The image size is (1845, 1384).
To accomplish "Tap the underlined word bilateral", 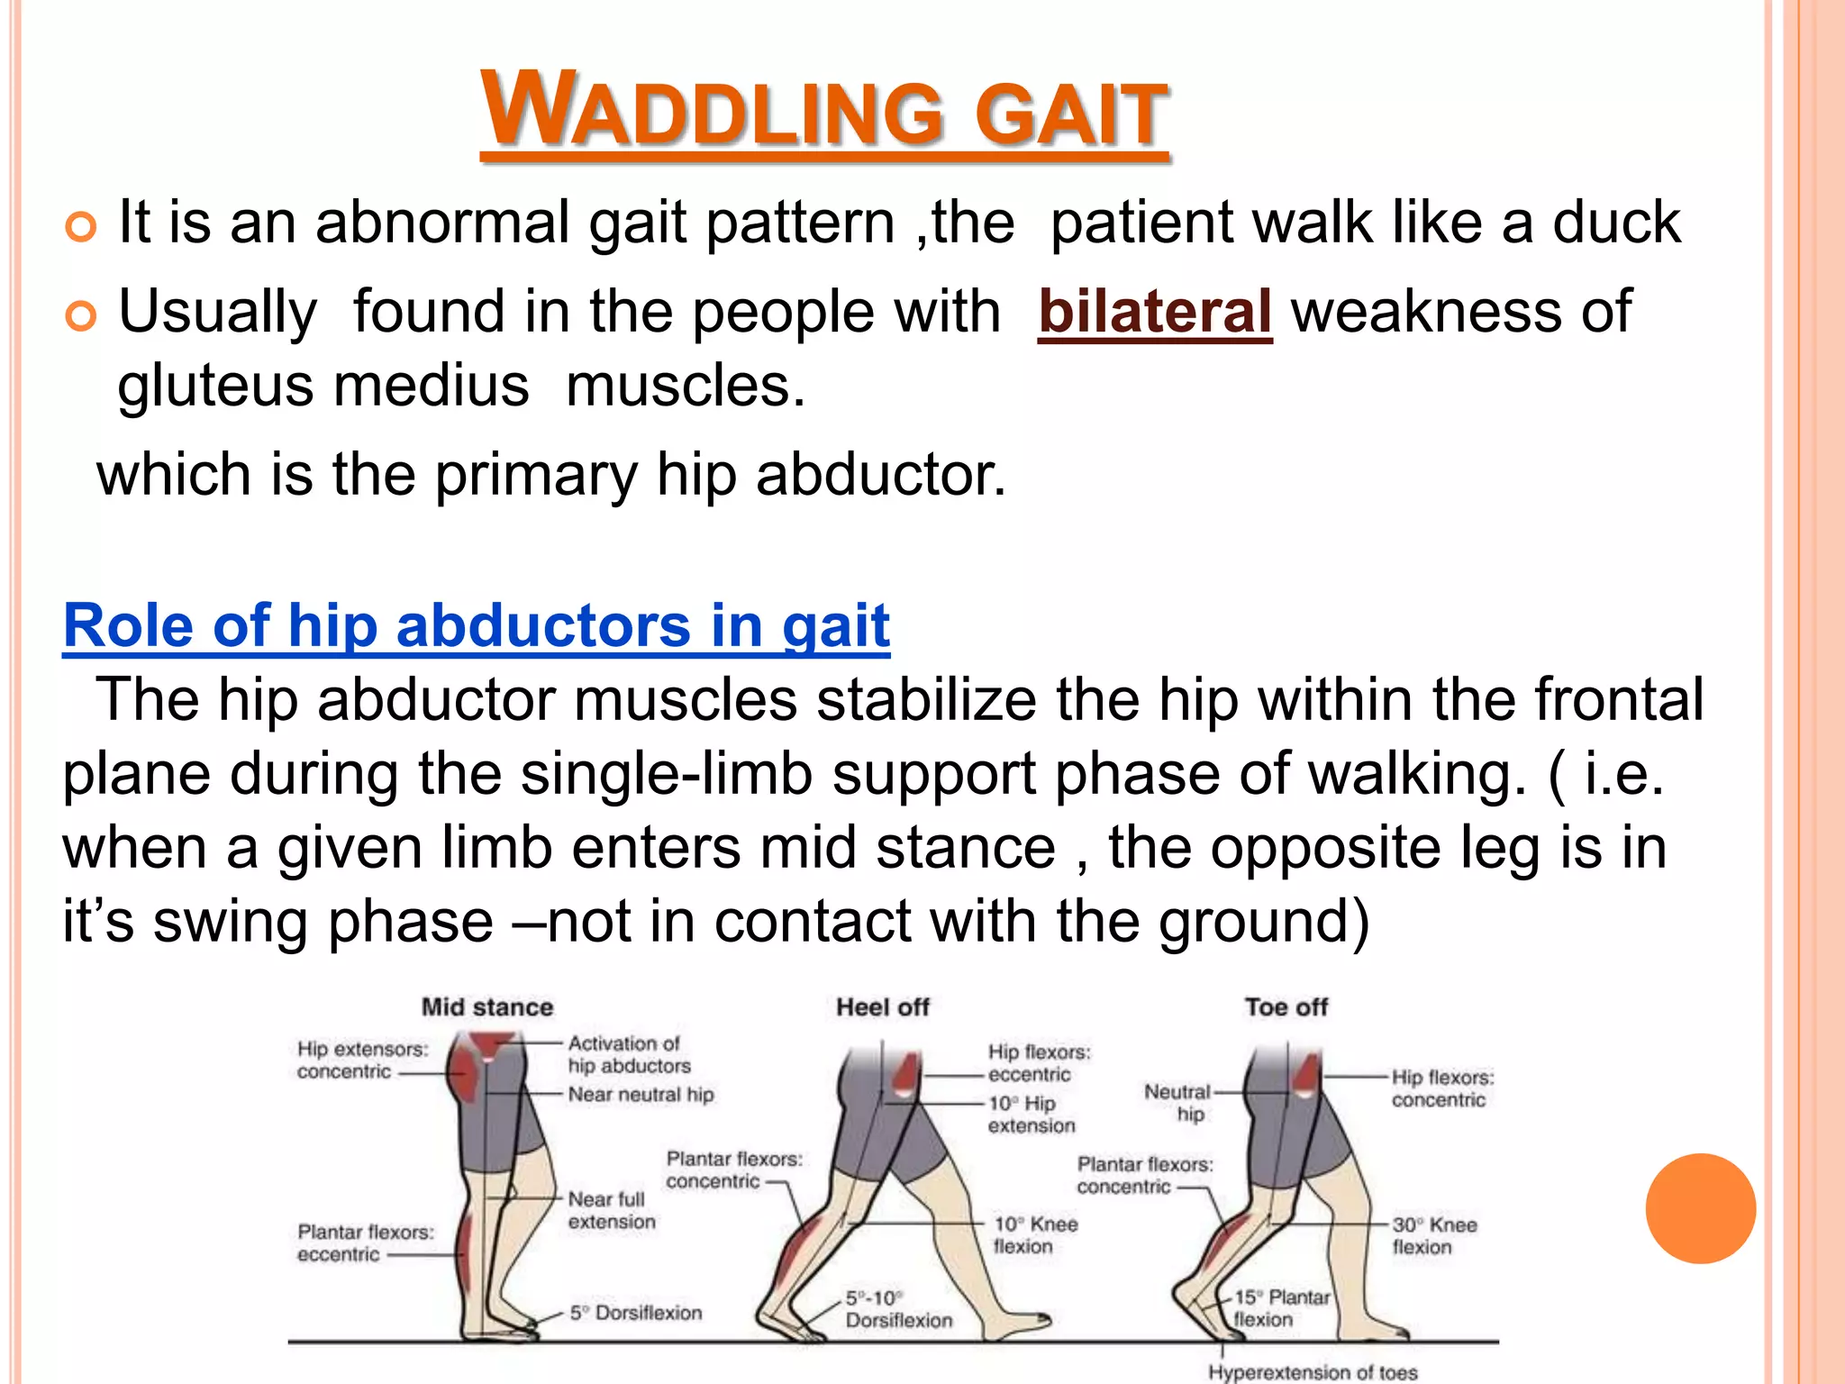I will (x=1154, y=312).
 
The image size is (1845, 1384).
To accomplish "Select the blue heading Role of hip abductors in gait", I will (x=477, y=625).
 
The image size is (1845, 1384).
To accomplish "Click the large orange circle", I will (x=1700, y=1208).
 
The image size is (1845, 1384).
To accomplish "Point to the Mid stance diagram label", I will (x=487, y=1006).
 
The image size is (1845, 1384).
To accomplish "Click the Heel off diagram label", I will (x=882, y=1006).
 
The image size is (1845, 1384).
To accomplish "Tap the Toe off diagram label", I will (x=1286, y=1006).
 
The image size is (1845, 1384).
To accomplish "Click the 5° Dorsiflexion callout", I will (x=635, y=1313).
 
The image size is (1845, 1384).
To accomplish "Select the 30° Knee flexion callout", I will (x=1433, y=1235).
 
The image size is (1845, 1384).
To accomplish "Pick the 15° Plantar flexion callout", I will (x=1280, y=1308).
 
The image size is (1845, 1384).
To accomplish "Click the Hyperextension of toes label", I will (x=1313, y=1372).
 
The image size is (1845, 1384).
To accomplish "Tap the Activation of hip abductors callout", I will (x=628, y=1054).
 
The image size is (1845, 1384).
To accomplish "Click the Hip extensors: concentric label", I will (x=361, y=1060).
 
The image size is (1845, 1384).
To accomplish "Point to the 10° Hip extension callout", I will (x=1031, y=1114).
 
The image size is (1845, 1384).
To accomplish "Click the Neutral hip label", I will (x=1177, y=1102).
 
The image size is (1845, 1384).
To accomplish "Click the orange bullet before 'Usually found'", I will (x=81, y=316).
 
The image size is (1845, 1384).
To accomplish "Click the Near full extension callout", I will (x=611, y=1210).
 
